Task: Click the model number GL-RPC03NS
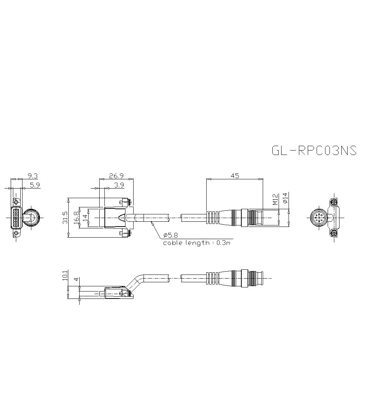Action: (x=314, y=151)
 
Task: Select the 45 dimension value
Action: (x=235, y=176)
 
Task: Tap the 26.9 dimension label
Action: (x=116, y=176)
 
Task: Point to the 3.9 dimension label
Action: (x=119, y=185)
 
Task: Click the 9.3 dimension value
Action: (x=33, y=176)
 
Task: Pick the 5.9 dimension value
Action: (x=35, y=185)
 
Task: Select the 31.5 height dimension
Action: (x=65, y=218)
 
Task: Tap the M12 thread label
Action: (x=275, y=200)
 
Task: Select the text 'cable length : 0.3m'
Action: (x=198, y=243)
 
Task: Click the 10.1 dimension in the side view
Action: (x=65, y=276)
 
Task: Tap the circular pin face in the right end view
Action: (x=318, y=218)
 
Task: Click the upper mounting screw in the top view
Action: (x=125, y=202)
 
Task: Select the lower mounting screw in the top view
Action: (x=125, y=233)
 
